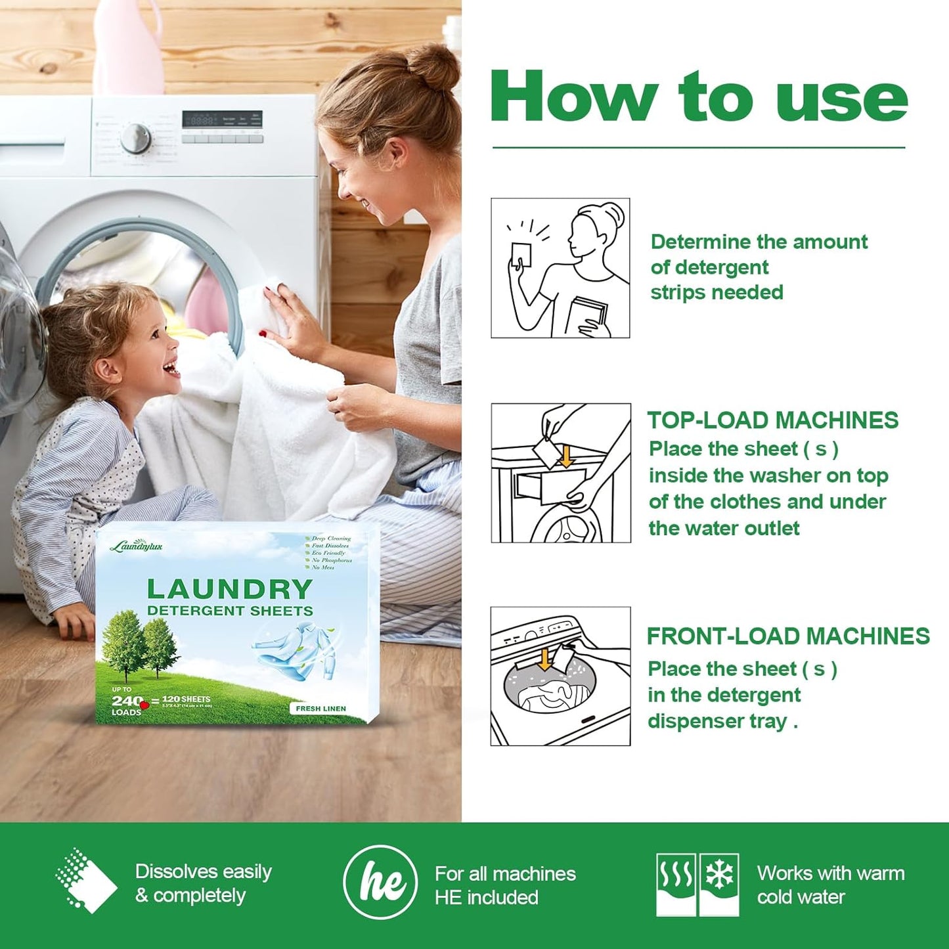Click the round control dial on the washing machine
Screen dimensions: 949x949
coord(136,138)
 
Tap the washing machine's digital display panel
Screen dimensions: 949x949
coord(222,119)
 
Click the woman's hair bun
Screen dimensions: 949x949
coord(433,67)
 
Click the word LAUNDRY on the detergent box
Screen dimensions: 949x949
coord(229,588)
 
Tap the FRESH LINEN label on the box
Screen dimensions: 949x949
coord(320,709)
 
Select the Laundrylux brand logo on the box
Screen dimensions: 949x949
coord(136,546)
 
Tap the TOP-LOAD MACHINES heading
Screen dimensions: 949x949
coord(772,420)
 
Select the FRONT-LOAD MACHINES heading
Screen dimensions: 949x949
coord(788,636)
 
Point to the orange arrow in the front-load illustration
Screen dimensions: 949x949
coord(544,659)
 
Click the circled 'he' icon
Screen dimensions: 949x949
coord(380,882)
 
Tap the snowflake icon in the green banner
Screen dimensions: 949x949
coord(719,874)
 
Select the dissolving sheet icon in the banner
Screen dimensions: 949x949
coord(86,881)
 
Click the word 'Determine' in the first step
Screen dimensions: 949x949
coord(697,242)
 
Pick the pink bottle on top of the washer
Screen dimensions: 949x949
coord(127,46)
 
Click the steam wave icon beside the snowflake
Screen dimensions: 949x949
coord(676,874)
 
